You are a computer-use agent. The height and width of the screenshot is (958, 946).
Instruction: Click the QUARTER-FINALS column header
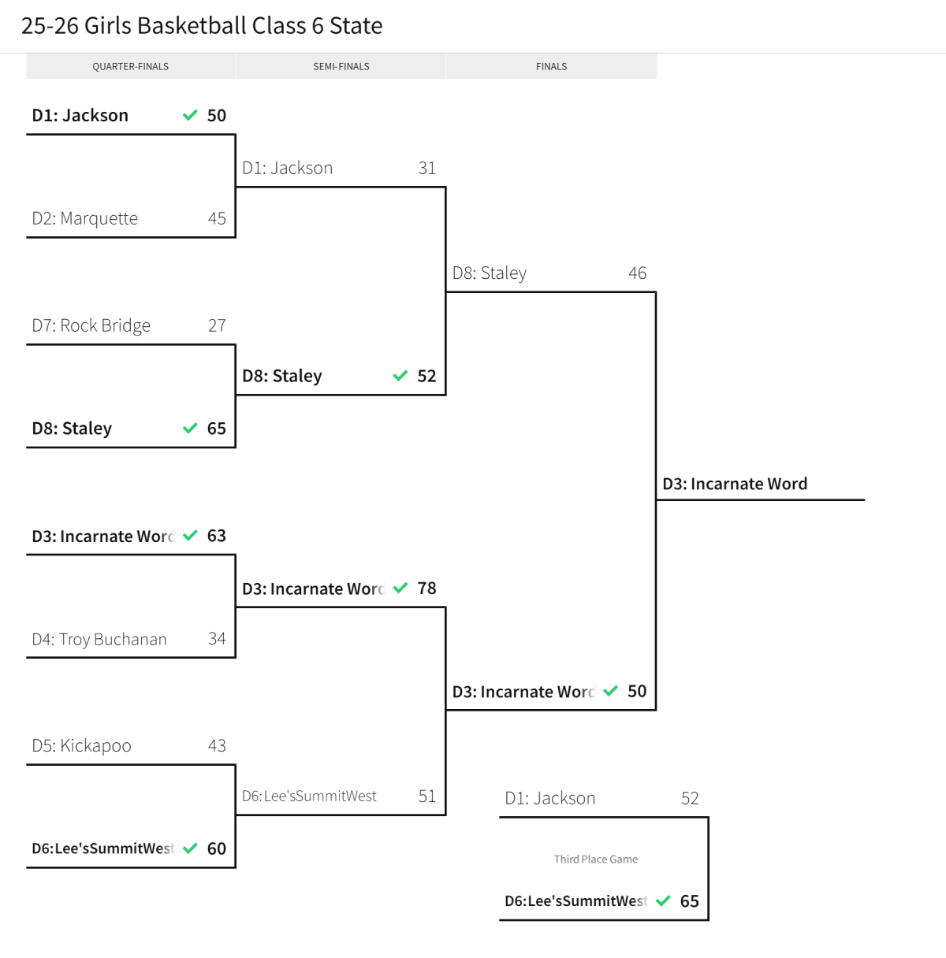(130, 67)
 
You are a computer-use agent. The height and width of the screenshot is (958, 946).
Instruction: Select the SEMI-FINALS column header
(341, 67)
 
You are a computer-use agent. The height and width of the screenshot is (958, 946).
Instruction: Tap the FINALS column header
(551, 67)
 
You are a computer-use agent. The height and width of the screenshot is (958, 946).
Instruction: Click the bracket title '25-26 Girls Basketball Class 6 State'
(202, 26)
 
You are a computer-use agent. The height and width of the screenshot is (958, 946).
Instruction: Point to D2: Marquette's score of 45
(217, 218)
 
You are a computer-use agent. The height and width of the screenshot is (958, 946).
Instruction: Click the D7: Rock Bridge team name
(91, 325)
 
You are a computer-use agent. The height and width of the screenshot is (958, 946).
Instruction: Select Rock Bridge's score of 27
(217, 325)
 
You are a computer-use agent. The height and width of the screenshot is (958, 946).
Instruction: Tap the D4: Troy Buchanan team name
(99, 639)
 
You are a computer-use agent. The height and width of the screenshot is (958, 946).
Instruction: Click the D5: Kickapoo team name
(82, 746)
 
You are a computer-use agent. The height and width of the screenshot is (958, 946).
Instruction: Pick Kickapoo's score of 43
(217, 746)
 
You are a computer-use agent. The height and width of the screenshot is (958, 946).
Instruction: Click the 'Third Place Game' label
(596, 859)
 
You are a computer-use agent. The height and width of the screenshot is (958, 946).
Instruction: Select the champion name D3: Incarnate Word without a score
(735, 484)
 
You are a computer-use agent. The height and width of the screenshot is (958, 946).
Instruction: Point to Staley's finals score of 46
(638, 273)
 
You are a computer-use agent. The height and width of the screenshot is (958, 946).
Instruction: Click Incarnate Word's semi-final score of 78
(427, 589)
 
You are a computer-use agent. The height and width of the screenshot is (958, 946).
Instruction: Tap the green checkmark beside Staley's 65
(190, 428)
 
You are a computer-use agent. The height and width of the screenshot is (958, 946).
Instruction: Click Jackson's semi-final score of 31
(427, 168)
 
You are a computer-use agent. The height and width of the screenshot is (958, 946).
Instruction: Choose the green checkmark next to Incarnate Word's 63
(190, 536)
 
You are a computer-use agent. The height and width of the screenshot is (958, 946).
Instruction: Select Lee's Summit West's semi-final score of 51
(427, 796)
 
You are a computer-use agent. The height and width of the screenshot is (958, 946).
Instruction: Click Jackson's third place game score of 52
(690, 798)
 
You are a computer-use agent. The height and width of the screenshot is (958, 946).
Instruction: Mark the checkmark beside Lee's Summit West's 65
(663, 900)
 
